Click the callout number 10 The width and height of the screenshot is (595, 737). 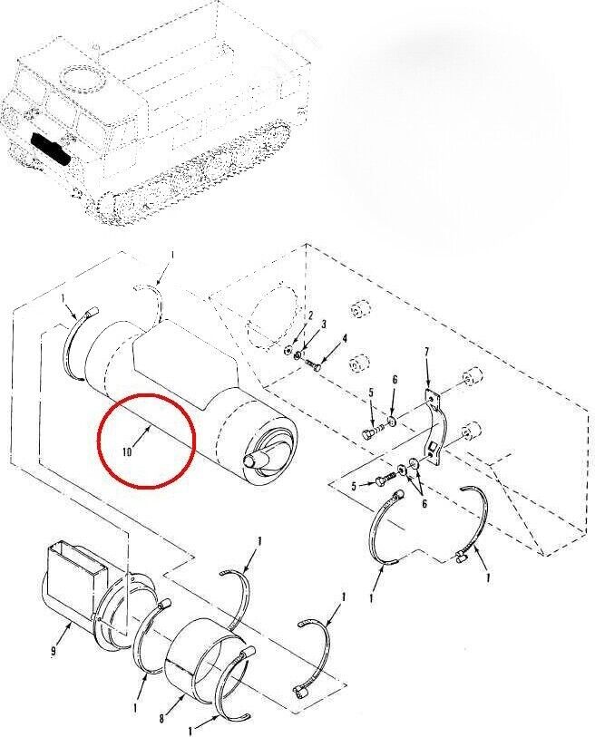pos(126,452)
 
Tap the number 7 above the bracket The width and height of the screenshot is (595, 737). pos(426,352)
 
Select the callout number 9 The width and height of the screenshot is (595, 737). pos(54,651)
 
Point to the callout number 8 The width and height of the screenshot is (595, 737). pos(161,719)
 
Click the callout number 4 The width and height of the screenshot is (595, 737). pos(346,338)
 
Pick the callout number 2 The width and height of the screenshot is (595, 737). pos(311,316)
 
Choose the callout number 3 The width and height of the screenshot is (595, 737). pos(324,325)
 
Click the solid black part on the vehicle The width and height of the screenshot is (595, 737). pos(49,149)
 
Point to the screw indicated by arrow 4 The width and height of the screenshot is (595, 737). pos(313,364)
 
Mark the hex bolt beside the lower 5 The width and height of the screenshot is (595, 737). pos(385,479)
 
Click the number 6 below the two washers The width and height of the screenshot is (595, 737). pos(424,504)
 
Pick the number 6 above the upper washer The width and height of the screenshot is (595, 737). pos(395,379)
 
